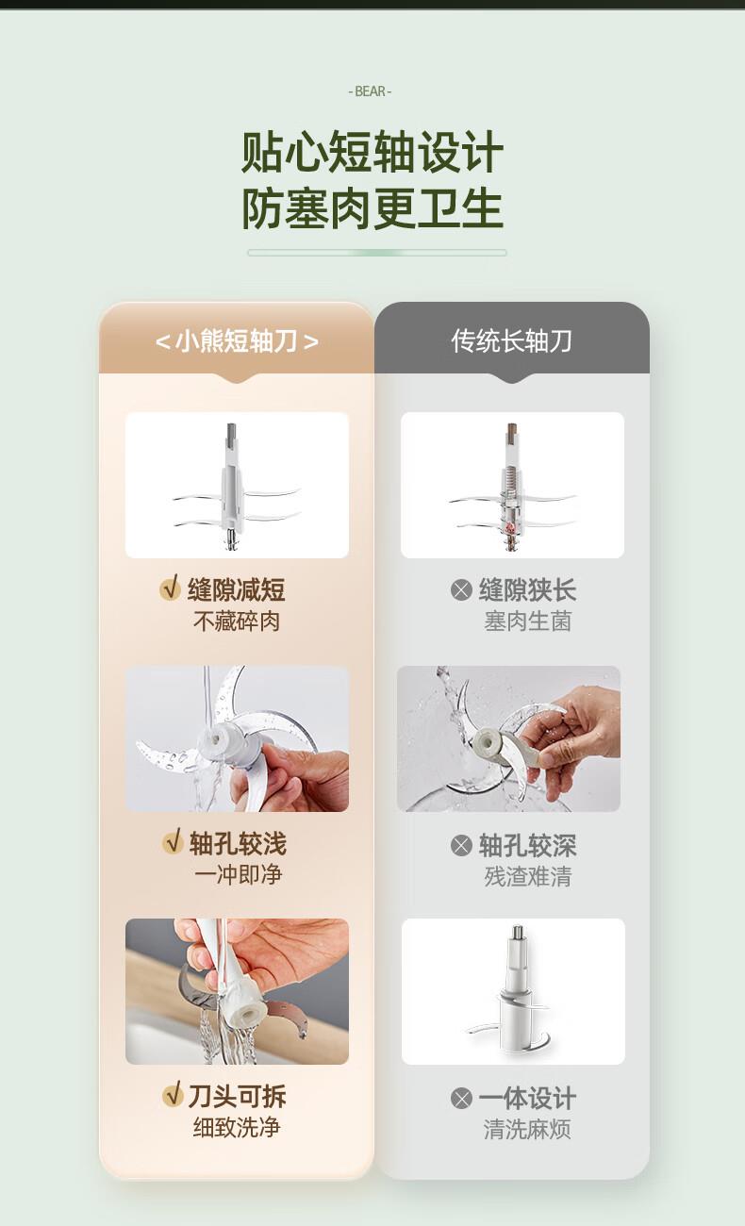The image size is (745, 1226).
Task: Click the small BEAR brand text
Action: (x=370, y=91)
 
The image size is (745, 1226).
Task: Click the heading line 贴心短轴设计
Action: (x=372, y=152)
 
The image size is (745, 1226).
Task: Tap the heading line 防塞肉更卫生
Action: (x=372, y=208)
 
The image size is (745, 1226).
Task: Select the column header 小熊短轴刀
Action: (x=237, y=341)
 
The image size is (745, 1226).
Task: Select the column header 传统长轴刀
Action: (x=512, y=341)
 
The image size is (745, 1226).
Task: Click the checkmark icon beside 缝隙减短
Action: (x=171, y=588)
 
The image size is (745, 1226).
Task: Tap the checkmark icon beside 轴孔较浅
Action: (x=173, y=842)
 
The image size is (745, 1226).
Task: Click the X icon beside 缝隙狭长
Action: (x=461, y=590)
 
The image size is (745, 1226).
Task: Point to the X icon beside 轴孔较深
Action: (x=461, y=845)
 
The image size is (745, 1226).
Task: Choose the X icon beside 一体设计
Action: (x=461, y=1098)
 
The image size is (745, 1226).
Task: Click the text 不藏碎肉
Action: (x=237, y=621)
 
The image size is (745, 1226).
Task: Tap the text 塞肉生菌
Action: (x=528, y=621)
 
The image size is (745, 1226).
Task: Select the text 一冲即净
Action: (x=238, y=874)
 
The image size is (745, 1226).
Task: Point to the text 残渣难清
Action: (x=528, y=876)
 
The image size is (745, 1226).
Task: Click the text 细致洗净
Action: (x=237, y=1127)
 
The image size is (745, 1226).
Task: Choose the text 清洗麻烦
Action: (x=527, y=1129)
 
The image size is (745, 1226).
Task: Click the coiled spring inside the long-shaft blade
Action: (x=509, y=474)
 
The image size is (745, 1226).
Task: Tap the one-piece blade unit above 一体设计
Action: (x=513, y=992)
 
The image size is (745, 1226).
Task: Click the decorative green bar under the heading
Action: (x=376, y=253)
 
